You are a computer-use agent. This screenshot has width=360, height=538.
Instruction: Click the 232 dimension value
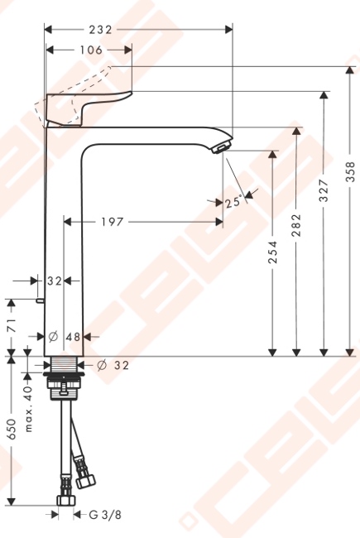[x=101, y=30]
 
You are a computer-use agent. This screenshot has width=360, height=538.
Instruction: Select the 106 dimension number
[x=91, y=50]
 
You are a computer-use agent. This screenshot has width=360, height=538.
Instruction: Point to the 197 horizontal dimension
[x=112, y=222]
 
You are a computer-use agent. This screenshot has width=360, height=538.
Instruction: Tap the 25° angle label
[x=233, y=202]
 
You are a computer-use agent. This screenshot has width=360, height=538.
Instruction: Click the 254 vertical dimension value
[x=272, y=252]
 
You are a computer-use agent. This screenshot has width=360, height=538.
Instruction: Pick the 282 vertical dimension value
[x=296, y=225]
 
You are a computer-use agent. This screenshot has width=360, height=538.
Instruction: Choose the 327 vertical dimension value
[x=324, y=190]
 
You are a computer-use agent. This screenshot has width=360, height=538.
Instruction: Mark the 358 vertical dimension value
[x=350, y=171]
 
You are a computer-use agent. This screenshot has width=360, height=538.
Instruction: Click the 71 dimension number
[x=12, y=325]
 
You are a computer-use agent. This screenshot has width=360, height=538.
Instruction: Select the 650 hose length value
[x=12, y=429]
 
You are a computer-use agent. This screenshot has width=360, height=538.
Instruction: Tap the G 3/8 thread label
[x=105, y=515]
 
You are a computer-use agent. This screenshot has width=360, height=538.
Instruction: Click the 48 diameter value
[x=73, y=337]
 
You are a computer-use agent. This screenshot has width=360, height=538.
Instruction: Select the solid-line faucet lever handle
[x=89, y=108]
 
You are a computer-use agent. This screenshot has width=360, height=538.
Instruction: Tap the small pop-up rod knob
[x=40, y=301]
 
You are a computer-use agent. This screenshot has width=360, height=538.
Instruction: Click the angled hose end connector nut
[x=86, y=480]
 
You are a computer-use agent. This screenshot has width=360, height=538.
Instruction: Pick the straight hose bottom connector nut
[x=65, y=501]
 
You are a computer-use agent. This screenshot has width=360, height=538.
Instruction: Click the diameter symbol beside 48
[x=53, y=337]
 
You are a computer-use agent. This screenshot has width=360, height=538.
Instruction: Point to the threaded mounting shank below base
[x=64, y=363]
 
